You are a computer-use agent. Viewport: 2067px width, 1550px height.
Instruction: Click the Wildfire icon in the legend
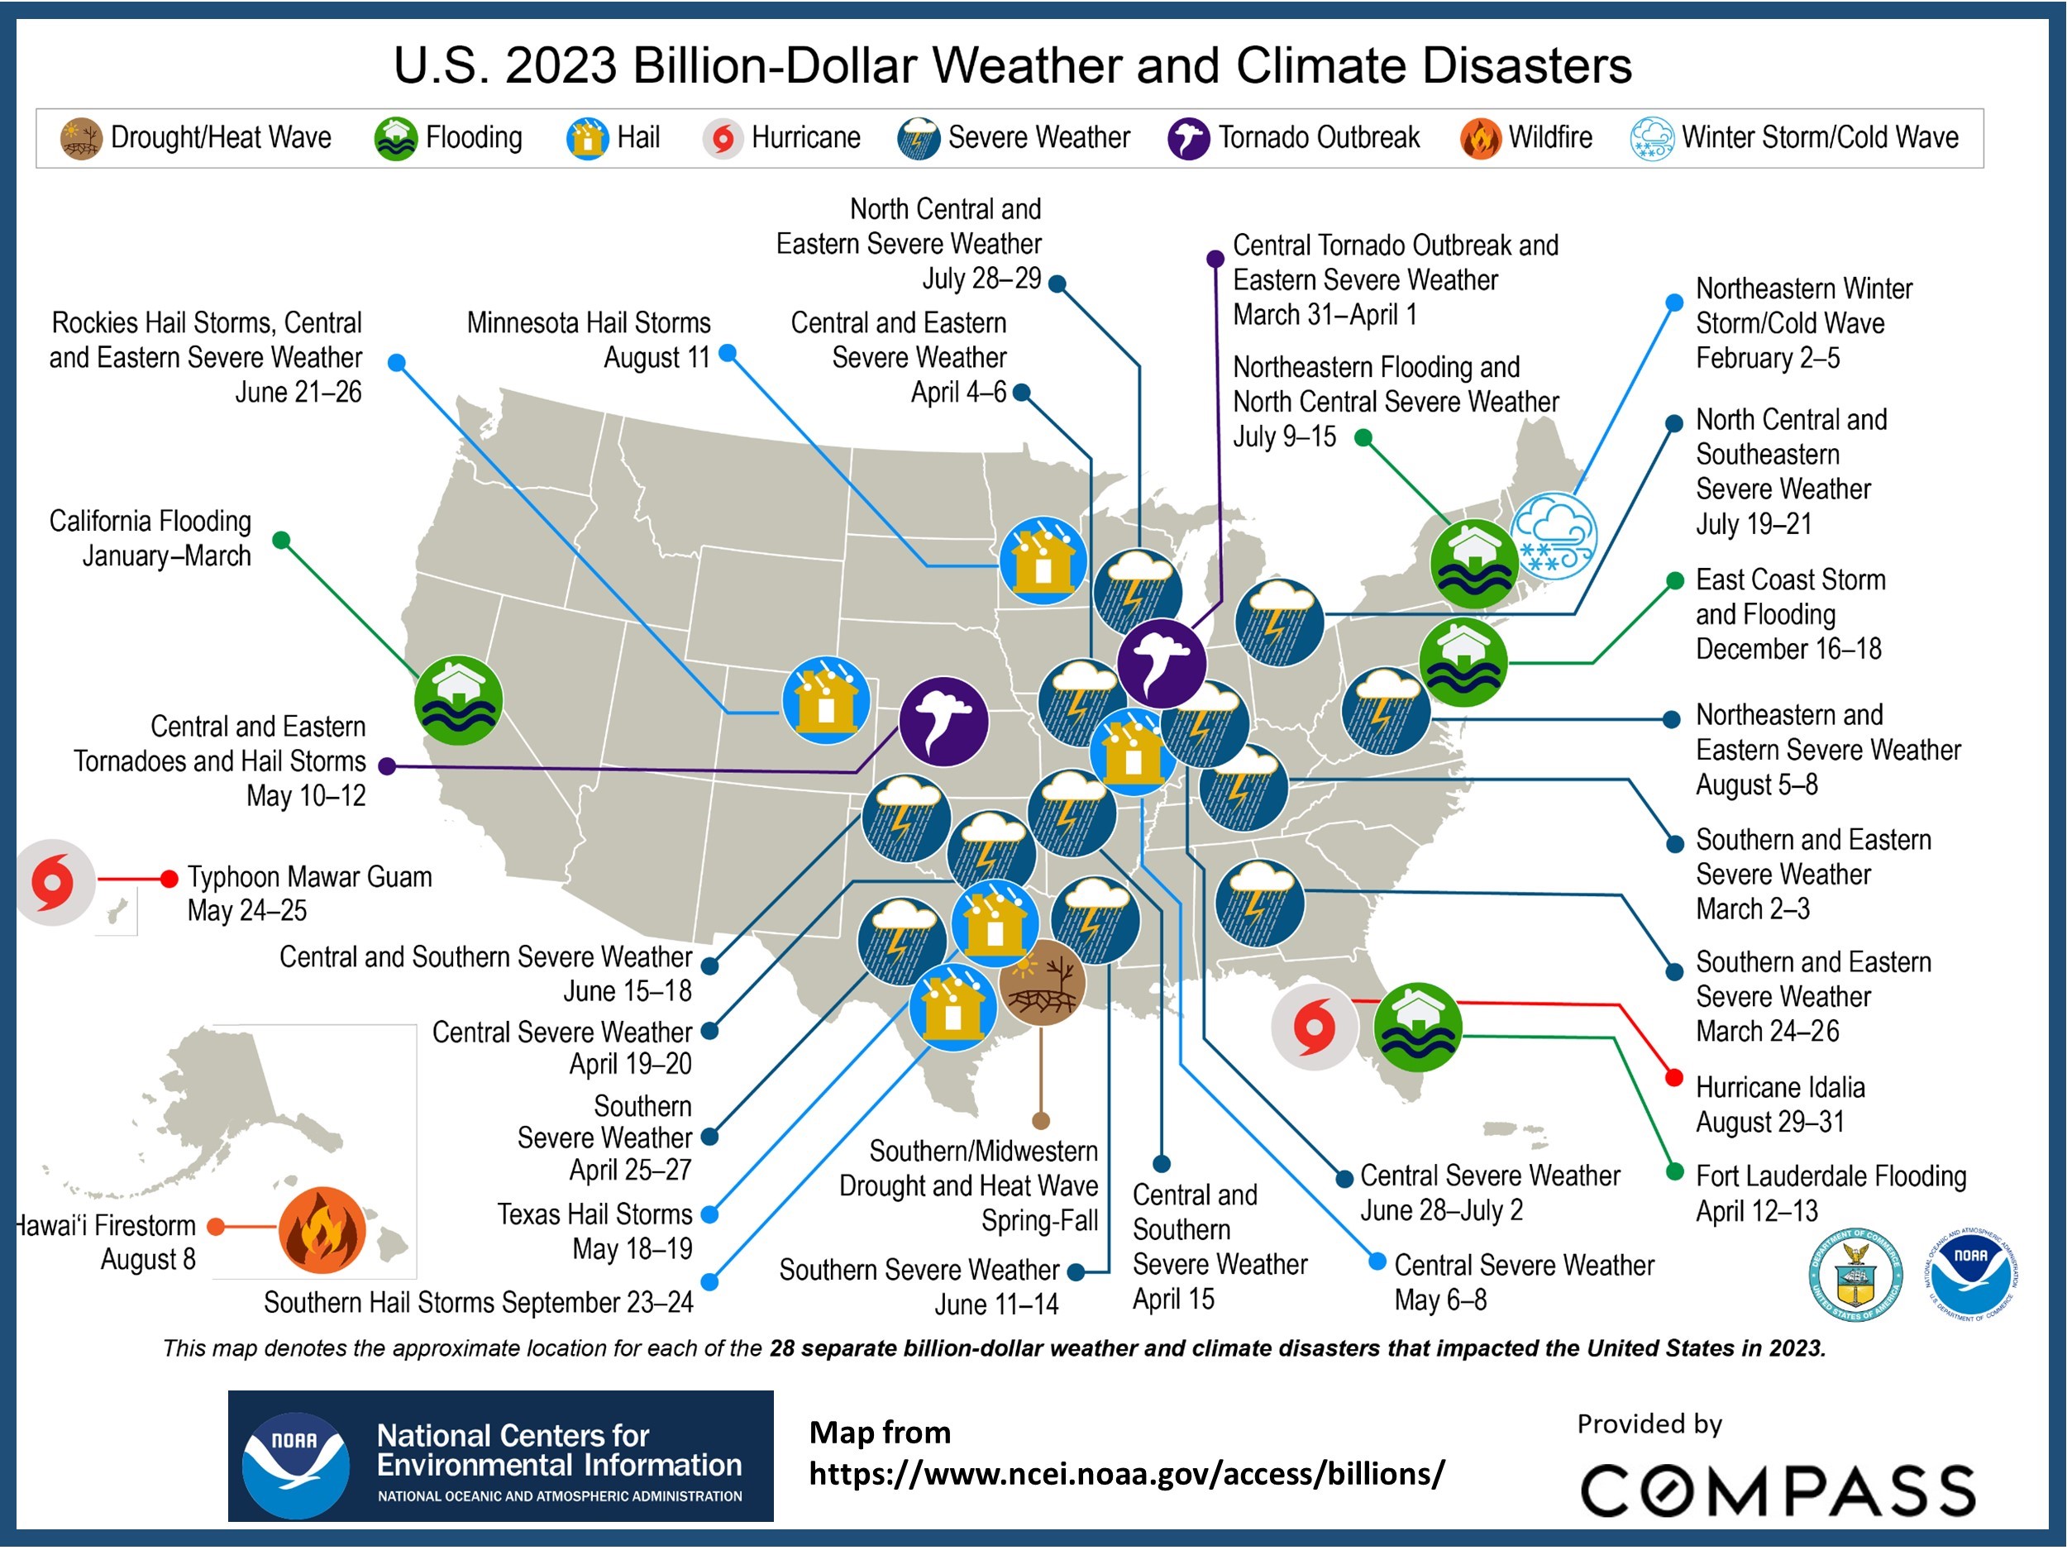click(x=1481, y=138)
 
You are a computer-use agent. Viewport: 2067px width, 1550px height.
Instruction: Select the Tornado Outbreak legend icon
click(x=1189, y=138)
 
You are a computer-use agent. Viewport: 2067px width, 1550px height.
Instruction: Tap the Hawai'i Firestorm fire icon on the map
click(x=322, y=1230)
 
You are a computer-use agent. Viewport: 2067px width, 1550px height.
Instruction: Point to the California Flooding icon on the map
click(x=458, y=701)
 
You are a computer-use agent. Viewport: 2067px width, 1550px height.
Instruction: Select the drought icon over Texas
click(x=1042, y=982)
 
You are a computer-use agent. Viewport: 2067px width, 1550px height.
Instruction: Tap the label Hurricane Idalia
click(x=1780, y=1088)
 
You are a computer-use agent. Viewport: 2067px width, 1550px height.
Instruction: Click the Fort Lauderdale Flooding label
click(x=1831, y=1176)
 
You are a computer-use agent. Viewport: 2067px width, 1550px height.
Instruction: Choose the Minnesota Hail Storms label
click(x=589, y=323)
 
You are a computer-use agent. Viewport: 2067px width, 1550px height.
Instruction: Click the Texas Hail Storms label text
click(x=594, y=1214)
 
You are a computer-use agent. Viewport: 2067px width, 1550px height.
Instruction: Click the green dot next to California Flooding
click(x=280, y=540)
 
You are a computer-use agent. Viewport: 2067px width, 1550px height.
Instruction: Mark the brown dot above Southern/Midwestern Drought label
click(x=1041, y=1121)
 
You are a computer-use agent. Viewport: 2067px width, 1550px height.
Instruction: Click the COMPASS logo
click(x=1778, y=1490)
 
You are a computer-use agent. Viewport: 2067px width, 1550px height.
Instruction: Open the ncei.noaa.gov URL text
click(x=1127, y=1474)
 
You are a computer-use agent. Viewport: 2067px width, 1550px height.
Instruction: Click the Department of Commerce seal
click(x=1855, y=1275)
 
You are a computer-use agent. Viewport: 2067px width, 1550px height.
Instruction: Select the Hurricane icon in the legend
click(x=723, y=138)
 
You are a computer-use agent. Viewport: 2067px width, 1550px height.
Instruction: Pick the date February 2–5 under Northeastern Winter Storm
click(x=1767, y=359)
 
